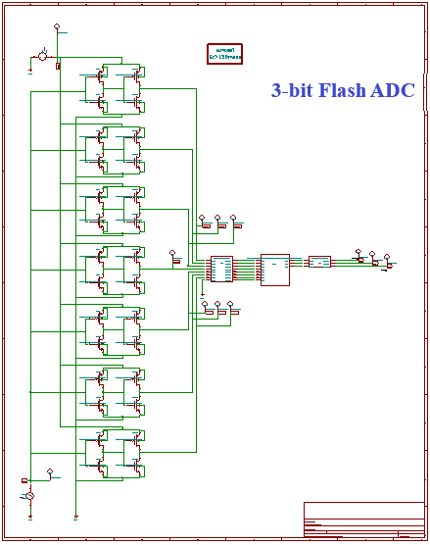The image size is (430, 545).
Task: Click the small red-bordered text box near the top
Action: click(x=224, y=53)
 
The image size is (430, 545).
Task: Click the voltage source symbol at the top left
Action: click(x=42, y=56)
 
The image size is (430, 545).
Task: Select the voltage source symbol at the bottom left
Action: click(x=29, y=497)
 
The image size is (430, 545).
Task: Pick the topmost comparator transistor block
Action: click(x=114, y=87)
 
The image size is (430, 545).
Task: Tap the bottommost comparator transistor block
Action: click(x=114, y=453)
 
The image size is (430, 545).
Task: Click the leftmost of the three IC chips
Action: click(x=221, y=269)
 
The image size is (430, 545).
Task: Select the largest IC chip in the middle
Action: click(x=275, y=270)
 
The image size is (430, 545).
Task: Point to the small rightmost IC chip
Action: click(x=319, y=262)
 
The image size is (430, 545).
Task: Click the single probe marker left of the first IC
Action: click(x=174, y=256)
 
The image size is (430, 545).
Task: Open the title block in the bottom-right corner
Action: click(x=363, y=520)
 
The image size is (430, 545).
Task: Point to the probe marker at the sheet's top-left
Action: click(x=56, y=28)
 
